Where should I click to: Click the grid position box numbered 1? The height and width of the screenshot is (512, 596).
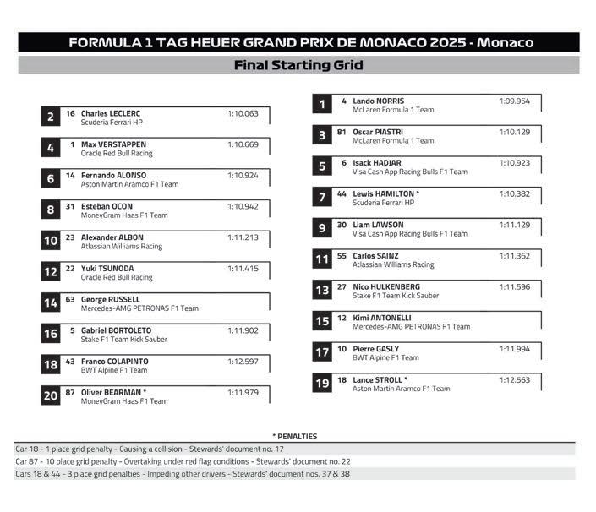(x=322, y=105)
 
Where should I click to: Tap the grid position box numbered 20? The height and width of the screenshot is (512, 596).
(x=51, y=395)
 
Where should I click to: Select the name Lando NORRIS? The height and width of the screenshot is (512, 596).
(x=378, y=101)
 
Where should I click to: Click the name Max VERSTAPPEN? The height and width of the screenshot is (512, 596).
(x=113, y=144)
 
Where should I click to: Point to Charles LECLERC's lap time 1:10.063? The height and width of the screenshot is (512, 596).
(x=243, y=113)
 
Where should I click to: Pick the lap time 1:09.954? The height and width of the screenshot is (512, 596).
(x=514, y=101)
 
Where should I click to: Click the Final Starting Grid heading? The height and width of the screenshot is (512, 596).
(x=298, y=65)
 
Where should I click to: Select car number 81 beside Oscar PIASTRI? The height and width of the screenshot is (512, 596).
(x=342, y=132)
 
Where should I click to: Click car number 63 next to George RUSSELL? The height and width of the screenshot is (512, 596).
(x=70, y=299)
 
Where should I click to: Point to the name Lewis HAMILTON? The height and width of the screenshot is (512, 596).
(x=383, y=193)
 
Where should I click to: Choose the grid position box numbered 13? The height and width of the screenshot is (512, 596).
(x=322, y=291)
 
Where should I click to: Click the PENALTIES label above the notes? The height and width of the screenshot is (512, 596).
(x=294, y=436)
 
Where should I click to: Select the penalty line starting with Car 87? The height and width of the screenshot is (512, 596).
(x=183, y=461)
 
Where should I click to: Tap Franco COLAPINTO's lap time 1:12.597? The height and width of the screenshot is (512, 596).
(x=243, y=361)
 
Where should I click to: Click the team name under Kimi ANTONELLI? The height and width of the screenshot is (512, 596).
(x=411, y=327)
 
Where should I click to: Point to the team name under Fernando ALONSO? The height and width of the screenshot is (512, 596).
(x=129, y=184)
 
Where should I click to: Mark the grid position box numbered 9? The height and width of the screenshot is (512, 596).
(x=322, y=229)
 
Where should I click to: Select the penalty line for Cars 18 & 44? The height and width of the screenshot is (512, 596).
(x=183, y=474)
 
